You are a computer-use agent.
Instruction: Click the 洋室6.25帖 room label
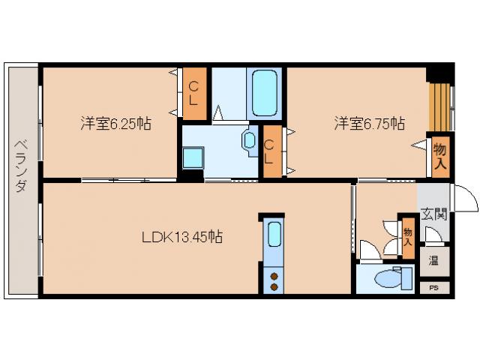115,124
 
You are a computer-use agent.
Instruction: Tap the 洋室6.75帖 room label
370,123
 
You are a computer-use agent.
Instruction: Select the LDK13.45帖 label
181,238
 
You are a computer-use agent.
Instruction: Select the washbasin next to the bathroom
248,141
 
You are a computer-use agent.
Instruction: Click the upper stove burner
274,274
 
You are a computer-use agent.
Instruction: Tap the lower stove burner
274,286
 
